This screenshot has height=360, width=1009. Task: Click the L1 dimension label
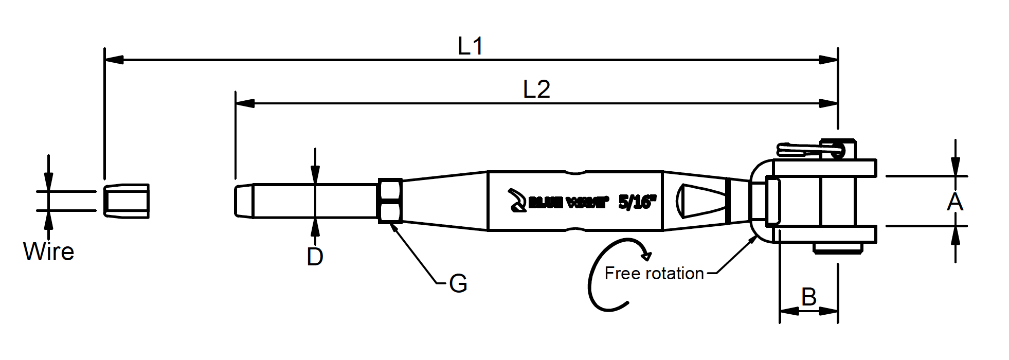tap(471, 47)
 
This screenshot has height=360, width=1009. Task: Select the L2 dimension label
tap(536, 90)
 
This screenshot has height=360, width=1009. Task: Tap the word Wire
tap(49, 252)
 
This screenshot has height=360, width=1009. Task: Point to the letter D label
tap(315, 256)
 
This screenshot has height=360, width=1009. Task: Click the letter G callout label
tap(458, 283)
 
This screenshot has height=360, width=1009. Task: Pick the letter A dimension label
tap(954, 202)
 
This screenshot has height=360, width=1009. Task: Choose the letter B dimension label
tap(809, 297)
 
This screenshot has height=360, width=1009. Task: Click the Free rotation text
tap(654, 273)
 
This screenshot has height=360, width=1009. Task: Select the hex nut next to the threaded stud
tap(390, 201)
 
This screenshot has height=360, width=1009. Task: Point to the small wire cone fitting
tap(127, 201)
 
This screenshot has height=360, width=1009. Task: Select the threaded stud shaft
tap(309, 201)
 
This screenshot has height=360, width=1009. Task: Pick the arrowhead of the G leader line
tap(394, 228)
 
